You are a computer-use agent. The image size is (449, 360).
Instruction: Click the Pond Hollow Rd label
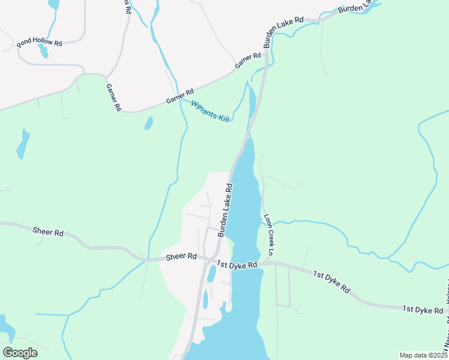(40, 43)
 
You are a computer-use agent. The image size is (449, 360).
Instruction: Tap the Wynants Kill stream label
(210, 112)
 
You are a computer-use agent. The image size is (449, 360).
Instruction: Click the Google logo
(19, 353)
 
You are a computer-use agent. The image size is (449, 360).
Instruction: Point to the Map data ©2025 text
(423, 355)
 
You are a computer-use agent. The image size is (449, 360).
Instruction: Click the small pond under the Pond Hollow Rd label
(43, 52)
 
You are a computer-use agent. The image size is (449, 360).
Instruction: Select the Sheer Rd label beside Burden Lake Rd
(181, 256)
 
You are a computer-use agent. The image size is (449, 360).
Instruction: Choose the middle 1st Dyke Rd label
(331, 281)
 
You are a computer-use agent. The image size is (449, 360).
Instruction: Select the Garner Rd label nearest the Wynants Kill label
(181, 96)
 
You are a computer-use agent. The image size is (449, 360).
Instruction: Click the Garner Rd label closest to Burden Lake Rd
(248, 60)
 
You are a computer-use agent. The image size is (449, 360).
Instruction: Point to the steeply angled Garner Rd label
(113, 97)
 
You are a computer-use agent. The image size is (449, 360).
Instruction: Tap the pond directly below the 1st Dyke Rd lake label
(211, 274)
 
